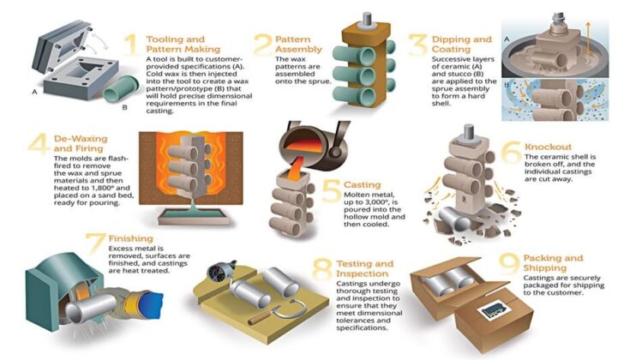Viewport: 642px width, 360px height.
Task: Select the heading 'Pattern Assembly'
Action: click(299, 44)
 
